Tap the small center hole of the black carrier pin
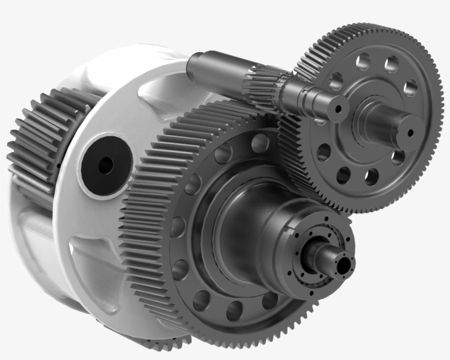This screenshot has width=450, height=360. tap(105, 164)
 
